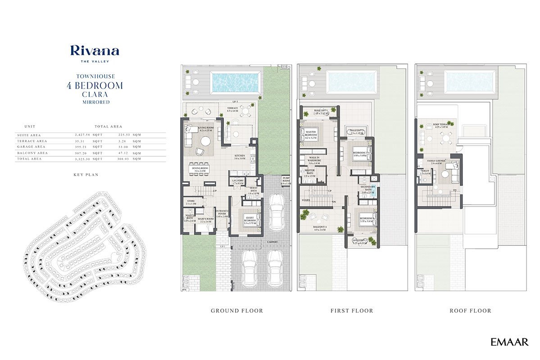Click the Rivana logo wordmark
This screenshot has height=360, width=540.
point(95,50)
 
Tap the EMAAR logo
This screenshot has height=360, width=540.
point(509,342)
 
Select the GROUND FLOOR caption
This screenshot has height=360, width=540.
point(237,310)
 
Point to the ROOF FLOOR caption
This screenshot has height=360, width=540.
point(470,310)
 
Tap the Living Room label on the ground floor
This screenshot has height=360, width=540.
point(195,129)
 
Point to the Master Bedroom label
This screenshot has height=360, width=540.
point(312,133)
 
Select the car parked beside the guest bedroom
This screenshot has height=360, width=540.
point(275,215)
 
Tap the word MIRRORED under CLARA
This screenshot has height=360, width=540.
point(95,102)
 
